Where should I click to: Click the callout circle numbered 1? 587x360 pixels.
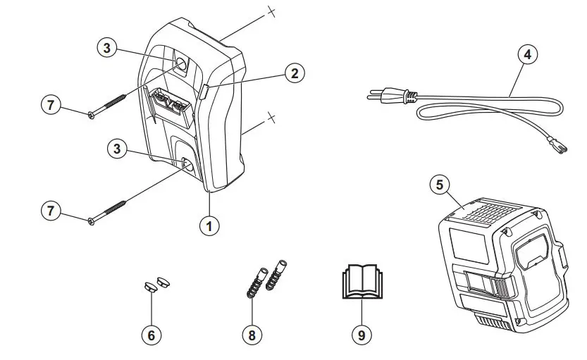click(209, 226)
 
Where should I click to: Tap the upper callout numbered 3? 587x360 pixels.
click(106, 48)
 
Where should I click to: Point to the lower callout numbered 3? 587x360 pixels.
click(117, 149)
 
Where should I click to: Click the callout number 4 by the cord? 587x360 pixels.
click(526, 54)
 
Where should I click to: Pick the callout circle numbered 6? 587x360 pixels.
click(150, 335)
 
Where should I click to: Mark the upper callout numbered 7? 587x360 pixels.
click(50, 104)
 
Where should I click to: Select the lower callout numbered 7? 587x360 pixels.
click(50, 211)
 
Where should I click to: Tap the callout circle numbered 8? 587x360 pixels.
click(251, 335)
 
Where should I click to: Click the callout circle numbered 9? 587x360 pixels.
click(362, 335)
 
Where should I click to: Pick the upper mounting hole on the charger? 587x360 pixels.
click(181, 65)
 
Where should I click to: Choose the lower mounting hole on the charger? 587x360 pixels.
click(187, 163)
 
